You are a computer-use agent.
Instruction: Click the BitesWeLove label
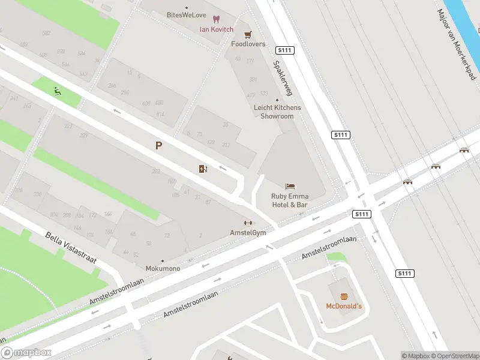185,14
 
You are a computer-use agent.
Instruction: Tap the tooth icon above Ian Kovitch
217,19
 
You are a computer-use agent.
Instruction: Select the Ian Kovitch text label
217,29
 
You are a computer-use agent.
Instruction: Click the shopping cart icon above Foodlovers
248,34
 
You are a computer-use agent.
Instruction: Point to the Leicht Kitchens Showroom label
277,112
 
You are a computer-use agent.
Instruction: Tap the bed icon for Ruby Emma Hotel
290,186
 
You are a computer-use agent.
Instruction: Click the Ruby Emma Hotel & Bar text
289,200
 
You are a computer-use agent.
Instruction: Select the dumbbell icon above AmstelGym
248,223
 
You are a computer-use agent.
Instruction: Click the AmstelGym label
248,232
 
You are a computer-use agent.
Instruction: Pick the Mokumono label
163,268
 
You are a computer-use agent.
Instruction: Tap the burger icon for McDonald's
344,296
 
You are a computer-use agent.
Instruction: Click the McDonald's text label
344,307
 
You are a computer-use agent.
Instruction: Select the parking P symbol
158,145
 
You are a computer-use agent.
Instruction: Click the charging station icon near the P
203,169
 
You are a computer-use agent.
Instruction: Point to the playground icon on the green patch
57,91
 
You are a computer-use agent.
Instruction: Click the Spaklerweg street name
282,78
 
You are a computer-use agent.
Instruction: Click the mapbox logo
26,353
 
